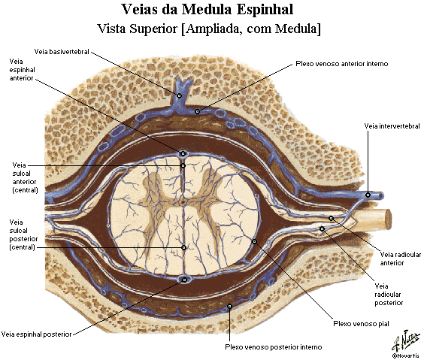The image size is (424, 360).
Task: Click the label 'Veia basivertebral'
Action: click(62, 52)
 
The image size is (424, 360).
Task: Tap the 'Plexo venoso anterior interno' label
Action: click(342, 64)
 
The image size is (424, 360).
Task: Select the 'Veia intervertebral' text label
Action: click(392, 126)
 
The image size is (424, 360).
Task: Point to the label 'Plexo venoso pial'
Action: click(361, 323)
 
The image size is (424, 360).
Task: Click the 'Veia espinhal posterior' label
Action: click(37, 334)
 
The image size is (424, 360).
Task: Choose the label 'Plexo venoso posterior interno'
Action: click(274, 346)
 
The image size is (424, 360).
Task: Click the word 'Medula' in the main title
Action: click(207, 10)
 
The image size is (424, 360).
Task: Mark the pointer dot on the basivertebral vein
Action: click(179, 95)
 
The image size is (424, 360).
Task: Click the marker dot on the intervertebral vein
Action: click(368, 195)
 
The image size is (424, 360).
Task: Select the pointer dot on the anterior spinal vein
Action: click(183, 154)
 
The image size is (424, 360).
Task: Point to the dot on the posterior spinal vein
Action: click(184, 280)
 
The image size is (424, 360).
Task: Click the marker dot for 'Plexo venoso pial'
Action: click(254, 241)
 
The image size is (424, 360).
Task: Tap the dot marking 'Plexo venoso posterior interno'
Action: click(229, 306)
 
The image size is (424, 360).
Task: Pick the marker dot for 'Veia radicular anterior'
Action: click(331, 219)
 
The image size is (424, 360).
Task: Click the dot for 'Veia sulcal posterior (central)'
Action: click(184, 247)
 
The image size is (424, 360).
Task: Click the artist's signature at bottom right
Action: click(406, 340)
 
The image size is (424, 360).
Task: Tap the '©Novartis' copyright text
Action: click(407, 355)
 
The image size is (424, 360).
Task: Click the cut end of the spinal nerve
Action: click(388, 219)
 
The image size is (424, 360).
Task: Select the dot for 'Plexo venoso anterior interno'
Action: click(198, 111)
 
